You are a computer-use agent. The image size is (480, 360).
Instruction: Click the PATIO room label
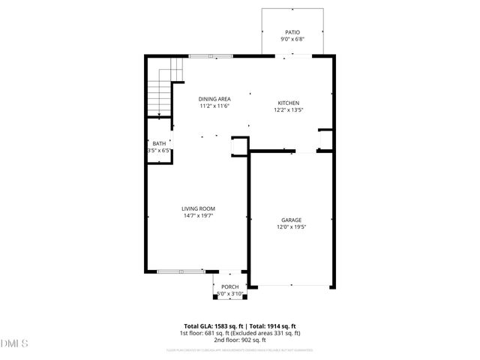[292, 32]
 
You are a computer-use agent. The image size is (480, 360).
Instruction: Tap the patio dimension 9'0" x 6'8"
[292, 39]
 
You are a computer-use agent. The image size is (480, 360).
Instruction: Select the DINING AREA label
[214, 99]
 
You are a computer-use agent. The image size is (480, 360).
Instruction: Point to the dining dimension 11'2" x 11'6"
[214, 106]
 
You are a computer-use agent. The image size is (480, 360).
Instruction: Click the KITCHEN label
[289, 103]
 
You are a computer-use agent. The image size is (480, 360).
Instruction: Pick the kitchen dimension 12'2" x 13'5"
[289, 109]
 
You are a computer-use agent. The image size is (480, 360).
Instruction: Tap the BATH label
[159, 143]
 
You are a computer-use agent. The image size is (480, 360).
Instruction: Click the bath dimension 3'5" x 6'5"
[159, 150]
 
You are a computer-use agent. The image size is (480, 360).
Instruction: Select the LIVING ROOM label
[199, 208]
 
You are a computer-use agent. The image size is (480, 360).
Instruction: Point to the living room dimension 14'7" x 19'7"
[199, 216]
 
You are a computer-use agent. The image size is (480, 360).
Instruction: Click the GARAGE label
[291, 220]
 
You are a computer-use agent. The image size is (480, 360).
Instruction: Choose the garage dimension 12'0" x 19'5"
[291, 226]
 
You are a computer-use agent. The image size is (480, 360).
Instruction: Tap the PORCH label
[229, 286]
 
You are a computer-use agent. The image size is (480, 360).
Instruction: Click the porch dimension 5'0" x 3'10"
[229, 293]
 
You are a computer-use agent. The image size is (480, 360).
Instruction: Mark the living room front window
[180, 271]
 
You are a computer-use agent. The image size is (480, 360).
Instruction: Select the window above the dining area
[210, 55]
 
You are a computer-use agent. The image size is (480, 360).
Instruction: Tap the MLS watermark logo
[15, 343]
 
